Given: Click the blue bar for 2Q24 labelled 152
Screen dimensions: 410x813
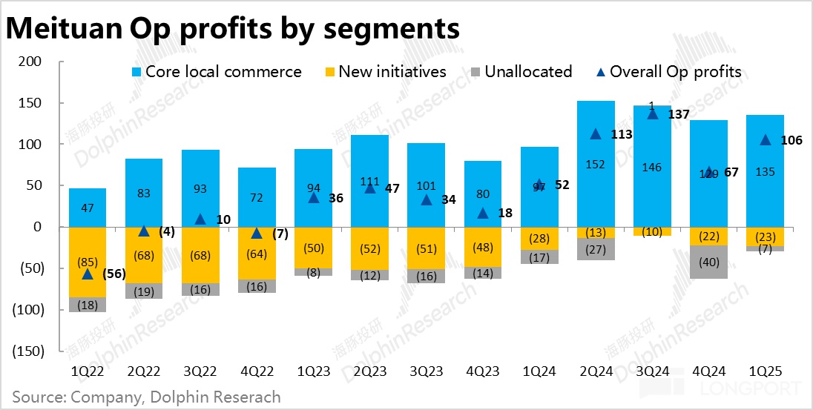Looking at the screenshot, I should pos(596,164).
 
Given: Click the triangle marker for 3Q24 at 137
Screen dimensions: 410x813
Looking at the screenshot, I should pos(653,113).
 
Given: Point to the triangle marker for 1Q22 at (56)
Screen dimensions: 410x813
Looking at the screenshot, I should pos(88,274).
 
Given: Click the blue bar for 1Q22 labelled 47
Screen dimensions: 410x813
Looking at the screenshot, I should pos(88,208).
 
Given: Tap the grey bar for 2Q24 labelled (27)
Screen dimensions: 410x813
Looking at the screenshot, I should pos(596,249).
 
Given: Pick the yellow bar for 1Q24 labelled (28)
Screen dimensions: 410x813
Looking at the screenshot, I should pos(539,238).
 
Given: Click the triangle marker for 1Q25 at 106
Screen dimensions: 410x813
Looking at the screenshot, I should pos(765,139).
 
